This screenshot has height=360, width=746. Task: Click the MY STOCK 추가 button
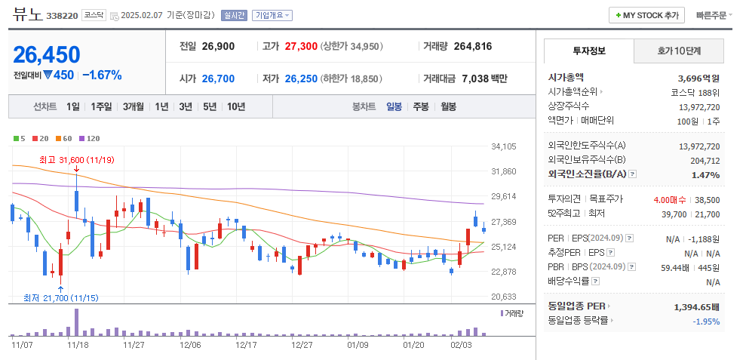[x=647, y=15]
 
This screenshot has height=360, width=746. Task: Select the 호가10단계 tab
[x=679, y=51]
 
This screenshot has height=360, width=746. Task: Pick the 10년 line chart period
[x=235, y=106]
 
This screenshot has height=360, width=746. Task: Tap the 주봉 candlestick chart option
[x=420, y=106]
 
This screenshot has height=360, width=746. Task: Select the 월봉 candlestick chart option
[x=448, y=106]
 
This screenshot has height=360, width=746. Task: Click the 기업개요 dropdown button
[x=272, y=15]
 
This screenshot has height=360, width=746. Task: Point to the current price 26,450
[x=47, y=54]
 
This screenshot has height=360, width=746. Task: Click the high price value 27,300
[x=301, y=46]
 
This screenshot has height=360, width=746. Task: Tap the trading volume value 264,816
[x=473, y=46]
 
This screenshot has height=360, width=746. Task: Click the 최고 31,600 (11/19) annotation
[x=77, y=159]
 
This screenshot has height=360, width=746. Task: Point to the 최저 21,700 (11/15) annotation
[x=60, y=297]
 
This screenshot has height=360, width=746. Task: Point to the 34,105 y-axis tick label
[x=503, y=146]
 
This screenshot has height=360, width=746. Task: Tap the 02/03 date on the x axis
[x=461, y=344]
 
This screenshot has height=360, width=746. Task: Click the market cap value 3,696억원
[x=698, y=78]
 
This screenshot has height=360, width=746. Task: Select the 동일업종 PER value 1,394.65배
[x=696, y=307]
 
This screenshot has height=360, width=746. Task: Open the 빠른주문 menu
[x=714, y=15]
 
